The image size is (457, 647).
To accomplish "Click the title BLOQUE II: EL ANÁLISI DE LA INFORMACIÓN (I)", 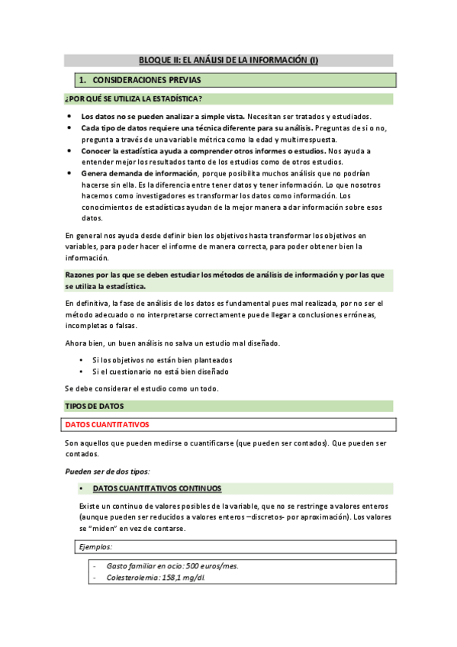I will point(228,60).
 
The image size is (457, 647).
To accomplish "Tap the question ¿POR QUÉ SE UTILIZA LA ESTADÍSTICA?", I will point(133,98).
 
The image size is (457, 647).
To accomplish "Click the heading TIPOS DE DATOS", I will point(94,406).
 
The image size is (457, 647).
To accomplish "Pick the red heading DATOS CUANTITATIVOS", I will point(107,424).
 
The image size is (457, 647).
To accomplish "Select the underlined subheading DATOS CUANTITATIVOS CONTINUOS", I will point(156,488).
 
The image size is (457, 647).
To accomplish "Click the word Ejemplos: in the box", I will point(96,547).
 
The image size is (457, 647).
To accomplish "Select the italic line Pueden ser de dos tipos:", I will point(107,471).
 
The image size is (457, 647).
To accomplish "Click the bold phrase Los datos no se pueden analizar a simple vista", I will point(163,116).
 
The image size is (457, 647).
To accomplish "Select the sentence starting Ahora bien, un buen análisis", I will point(172,343).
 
